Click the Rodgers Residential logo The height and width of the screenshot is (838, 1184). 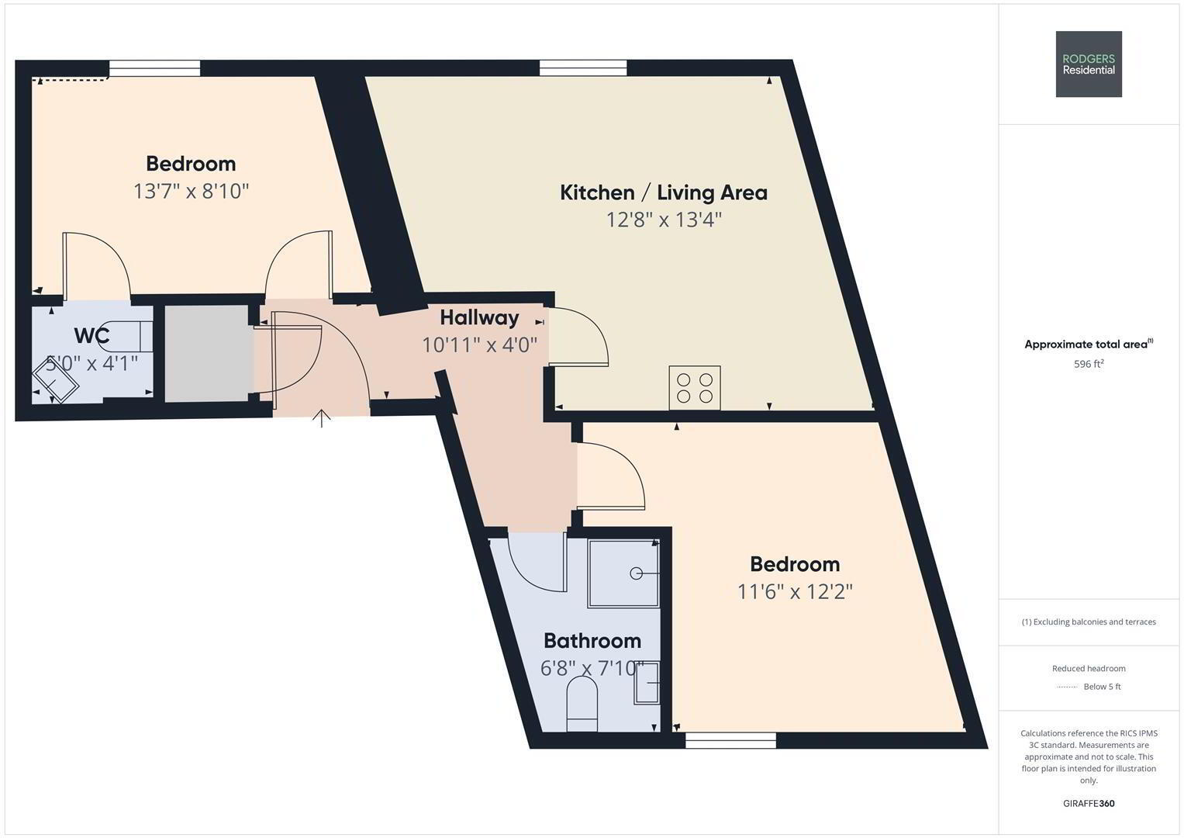click(x=1089, y=64)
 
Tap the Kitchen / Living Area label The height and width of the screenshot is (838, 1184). click(x=664, y=192)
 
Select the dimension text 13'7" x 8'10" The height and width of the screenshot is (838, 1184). click(x=191, y=191)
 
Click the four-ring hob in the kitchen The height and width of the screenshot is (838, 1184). click(x=695, y=388)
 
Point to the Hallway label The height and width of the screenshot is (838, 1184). click(x=479, y=317)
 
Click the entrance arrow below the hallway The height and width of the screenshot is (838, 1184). click(x=321, y=418)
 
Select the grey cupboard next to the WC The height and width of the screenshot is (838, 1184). click(x=209, y=353)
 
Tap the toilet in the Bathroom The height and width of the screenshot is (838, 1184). click(x=582, y=705)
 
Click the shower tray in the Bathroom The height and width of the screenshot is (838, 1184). click(x=623, y=573)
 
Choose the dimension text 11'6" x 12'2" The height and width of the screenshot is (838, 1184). click(x=795, y=591)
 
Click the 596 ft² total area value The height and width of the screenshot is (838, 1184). click(x=1089, y=364)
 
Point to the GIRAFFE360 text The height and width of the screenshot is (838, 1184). click(x=1089, y=803)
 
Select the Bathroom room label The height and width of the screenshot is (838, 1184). click(x=592, y=641)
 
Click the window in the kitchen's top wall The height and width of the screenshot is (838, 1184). click(x=583, y=68)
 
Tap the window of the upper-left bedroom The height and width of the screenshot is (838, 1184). click(x=155, y=68)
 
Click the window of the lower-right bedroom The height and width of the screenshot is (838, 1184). click(x=730, y=740)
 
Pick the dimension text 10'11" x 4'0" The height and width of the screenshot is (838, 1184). click(x=479, y=345)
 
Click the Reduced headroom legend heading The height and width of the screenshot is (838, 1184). click(x=1089, y=668)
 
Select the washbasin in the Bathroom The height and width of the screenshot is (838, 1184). click(x=647, y=683)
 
